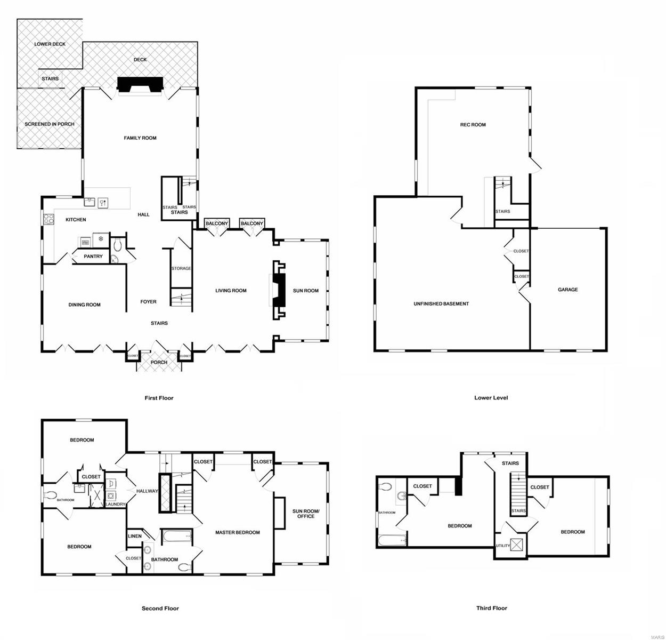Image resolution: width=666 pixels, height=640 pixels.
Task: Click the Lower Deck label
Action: tap(50, 44)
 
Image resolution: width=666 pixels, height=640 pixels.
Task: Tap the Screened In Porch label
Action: tap(50, 124)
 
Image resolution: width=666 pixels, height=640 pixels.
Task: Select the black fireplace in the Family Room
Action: tap(140, 84)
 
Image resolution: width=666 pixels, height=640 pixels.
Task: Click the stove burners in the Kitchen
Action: tap(48, 219)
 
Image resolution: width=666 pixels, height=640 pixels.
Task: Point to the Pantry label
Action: tap(93, 257)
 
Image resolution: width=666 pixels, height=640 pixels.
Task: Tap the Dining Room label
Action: tap(84, 305)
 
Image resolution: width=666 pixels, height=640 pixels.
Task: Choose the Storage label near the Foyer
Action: tap(181, 268)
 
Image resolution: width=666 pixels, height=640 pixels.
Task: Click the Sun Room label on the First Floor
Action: tap(306, 291)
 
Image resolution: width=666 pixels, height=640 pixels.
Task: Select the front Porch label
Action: tap(159, 363)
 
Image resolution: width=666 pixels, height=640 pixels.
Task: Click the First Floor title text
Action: tap(159, 398)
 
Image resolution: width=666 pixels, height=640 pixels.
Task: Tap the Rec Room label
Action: tap(473, 125)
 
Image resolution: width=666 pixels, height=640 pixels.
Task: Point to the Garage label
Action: tap(568, 290)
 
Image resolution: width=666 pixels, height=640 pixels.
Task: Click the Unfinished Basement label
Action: tap(441, 304)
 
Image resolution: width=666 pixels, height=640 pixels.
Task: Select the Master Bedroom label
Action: tap(238, 532)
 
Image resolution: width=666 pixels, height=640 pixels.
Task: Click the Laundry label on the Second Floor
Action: tap(115, 505)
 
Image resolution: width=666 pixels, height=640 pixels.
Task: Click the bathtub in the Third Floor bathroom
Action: tap(392, 541)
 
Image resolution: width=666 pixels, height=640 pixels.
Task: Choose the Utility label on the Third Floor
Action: tap(502, 546)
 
